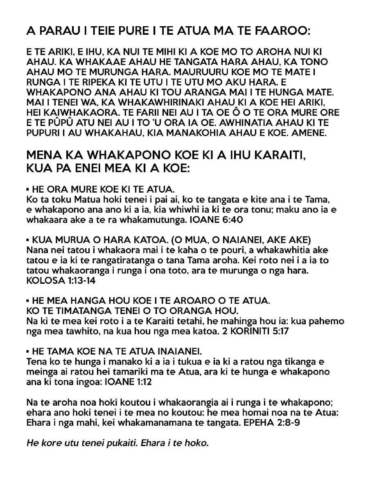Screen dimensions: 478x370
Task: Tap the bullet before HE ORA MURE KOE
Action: point(28,190)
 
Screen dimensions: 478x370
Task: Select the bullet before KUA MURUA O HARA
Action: point(28,239)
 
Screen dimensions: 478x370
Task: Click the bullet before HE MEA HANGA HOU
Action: point(28,301)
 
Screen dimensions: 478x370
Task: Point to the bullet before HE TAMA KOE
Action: point(28,351)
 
